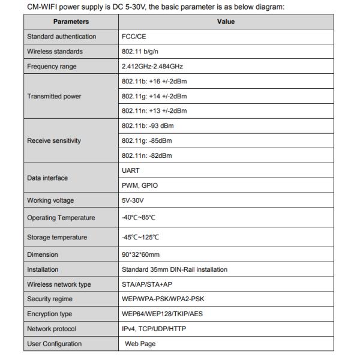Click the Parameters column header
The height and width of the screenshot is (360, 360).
(71, 22)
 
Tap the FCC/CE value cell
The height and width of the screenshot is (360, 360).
(134, 37)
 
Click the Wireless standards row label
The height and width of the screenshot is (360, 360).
(55, 52)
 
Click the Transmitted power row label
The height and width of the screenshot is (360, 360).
(54, 96)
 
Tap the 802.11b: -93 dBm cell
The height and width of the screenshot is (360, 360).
(148, 126)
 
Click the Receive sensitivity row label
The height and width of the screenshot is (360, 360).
(54, 141)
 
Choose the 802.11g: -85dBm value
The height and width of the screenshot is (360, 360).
(146, 141)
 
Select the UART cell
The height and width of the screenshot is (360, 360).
(131, 170)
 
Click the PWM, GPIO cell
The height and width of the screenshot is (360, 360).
(139, 185)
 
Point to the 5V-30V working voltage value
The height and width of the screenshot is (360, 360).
(132, 200)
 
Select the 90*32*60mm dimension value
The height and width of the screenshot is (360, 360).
(140, 254)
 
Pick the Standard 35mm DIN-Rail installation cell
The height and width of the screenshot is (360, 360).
(175, 269)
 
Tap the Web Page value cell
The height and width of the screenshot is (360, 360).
(141, 344)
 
